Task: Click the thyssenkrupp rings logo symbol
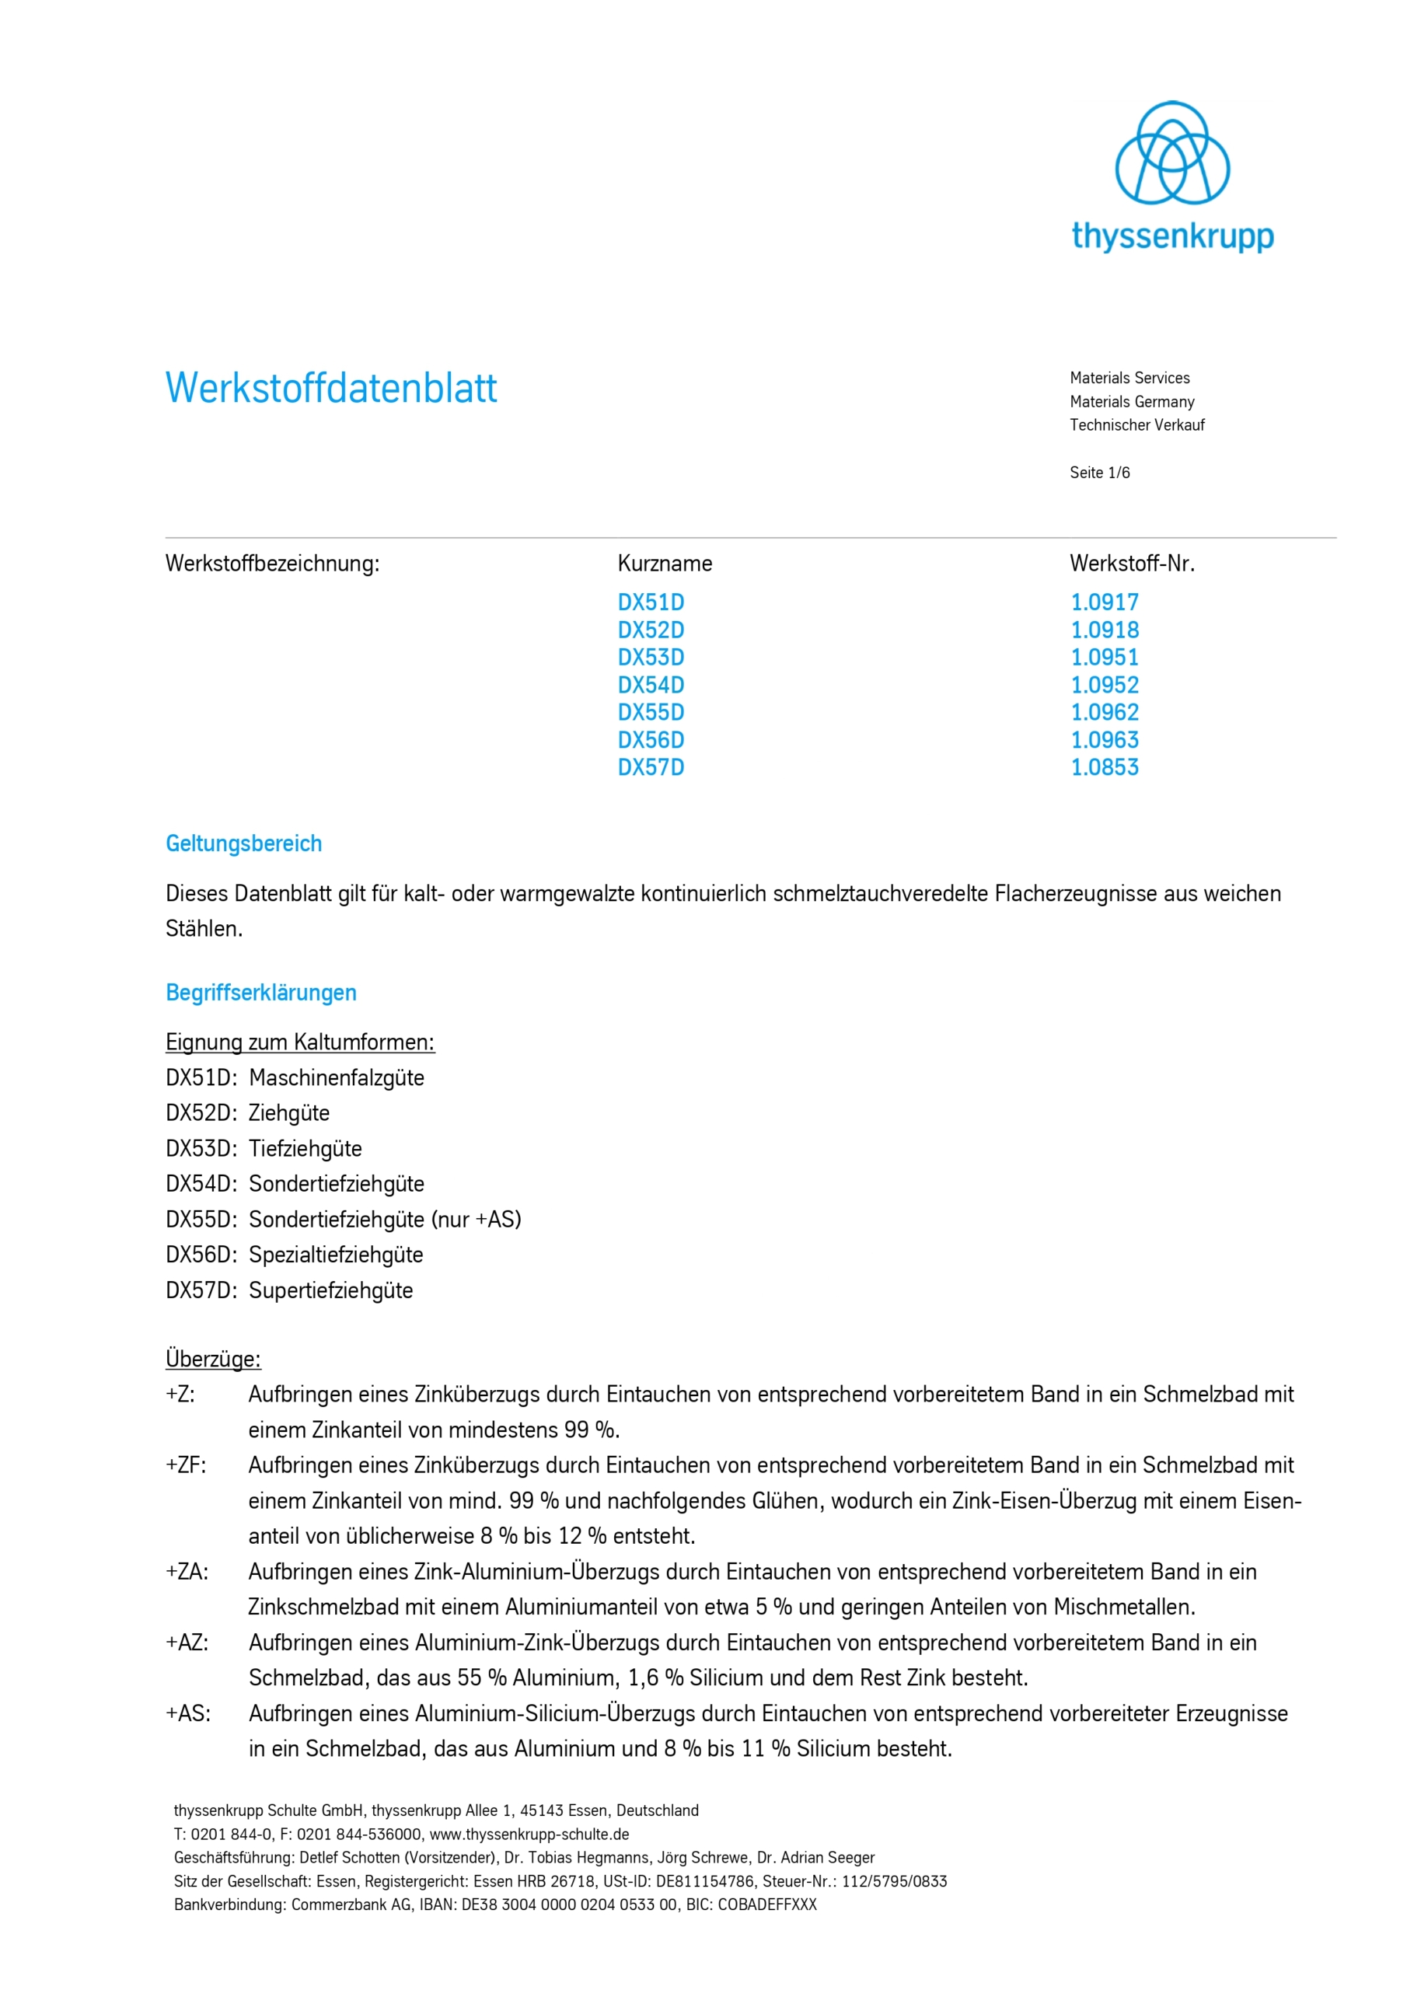click(x=1171, y=152)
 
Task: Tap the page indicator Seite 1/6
click(x=1099, y=473)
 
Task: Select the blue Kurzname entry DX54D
click(x=650, y=685)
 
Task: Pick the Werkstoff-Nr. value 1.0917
click(x=1105, y=602)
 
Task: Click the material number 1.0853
click(x=1105, y=767)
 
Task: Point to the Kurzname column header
click(x=664, y=564)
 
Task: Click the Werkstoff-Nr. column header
click(x=1131, y=564)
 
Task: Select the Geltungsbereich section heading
click(x=243, y=843)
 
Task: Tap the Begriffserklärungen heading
click(x=261, y=993)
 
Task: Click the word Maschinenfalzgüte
click(x=337, y=1077)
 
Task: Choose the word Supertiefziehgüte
click(x=330, y=1290)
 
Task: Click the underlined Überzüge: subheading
click(x=213, y=1358)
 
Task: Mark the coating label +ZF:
click(x=187, y=1465)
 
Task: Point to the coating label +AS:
click(x=188, y=1712)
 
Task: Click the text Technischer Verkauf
click(x=1136, y=424)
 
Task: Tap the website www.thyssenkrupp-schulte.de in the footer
click(x=529, y=1834)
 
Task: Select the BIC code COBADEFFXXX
click(x=766, y=1904)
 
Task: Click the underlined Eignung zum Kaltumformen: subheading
click(x=300, y=1042)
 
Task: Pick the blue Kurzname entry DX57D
click(x=650, y=767)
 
